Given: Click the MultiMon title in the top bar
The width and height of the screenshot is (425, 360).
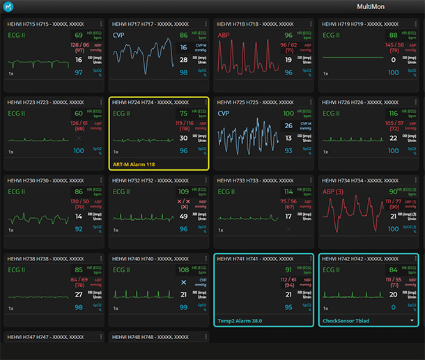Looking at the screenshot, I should (x=378, y=7).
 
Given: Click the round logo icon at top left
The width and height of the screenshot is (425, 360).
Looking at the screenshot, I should (x=8, y=7).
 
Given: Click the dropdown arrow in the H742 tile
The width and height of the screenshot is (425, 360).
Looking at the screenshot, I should (x=412, y=320).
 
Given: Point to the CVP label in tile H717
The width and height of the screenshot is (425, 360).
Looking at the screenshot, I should (x=119, y=34).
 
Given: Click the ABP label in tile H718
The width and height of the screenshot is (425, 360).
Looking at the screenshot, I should (x=224, y=34).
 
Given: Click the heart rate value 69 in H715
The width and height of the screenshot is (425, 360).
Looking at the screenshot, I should (x=79, y=35).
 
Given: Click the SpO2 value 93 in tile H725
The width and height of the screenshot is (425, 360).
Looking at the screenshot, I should (x=288, y=150).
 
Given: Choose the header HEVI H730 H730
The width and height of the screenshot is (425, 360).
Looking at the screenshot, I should (x=38, y=180).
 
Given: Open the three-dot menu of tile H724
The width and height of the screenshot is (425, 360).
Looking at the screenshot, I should (x=206, y=102).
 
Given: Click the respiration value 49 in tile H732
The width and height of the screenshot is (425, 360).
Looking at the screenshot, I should (x=183, y=217).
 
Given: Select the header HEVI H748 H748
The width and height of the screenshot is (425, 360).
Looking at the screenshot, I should (x=143, y=337).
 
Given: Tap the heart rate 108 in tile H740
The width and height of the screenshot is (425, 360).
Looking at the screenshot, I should (x=183, y=269).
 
